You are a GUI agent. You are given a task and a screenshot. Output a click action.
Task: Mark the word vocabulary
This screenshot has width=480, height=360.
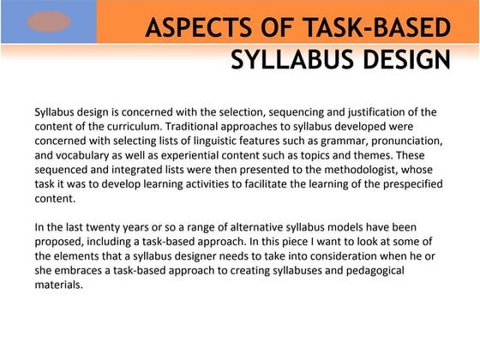(x=87, y=154)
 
